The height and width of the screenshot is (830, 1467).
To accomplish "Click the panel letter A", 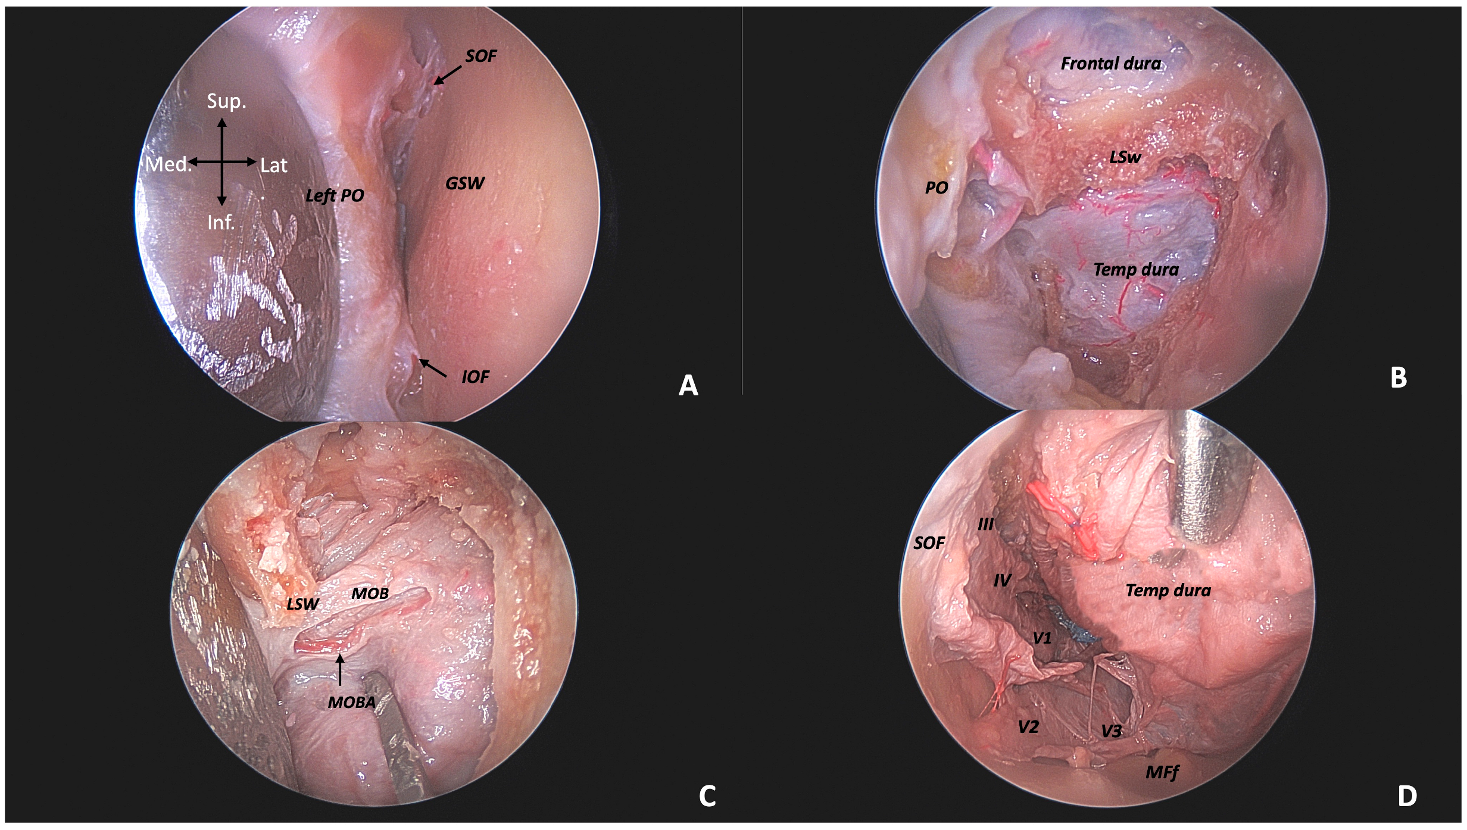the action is click(x=688, y=386).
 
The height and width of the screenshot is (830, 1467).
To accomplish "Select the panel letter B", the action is click(x=1399, y=377).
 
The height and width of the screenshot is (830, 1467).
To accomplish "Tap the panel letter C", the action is click(x=707, y=796).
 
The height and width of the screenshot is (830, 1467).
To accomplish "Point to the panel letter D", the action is click(x=1407, y=796).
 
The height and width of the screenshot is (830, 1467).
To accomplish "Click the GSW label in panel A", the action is click(x=465, y=183).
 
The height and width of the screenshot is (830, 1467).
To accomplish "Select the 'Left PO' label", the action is click(x=335, y=196).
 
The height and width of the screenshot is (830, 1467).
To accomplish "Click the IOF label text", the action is click(x=475, y=377).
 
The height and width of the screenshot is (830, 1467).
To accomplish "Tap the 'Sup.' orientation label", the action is click(x=226, y=101).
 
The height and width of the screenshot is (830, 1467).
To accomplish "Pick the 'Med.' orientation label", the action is click(x=168, y=164).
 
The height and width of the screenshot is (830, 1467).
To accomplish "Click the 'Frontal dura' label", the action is click(x=1111, y=64).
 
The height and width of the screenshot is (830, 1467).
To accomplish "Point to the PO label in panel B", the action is click(x=936, y=188).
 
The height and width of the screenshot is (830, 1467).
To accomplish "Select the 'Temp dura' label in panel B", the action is click(x=1136, y=270).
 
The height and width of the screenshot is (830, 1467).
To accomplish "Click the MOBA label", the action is click(x=351, y=703).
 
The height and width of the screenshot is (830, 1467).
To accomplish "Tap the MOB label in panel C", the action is click(x=370, y=594).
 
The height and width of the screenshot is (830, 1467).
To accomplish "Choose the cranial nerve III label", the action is click(x=985, y=524).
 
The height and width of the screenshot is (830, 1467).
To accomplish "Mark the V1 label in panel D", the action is click(x=1042, y=638).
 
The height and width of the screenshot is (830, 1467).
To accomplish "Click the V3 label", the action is click(x=1111, y=731).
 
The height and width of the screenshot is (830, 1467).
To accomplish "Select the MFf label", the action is click(x=1162, y=773).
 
